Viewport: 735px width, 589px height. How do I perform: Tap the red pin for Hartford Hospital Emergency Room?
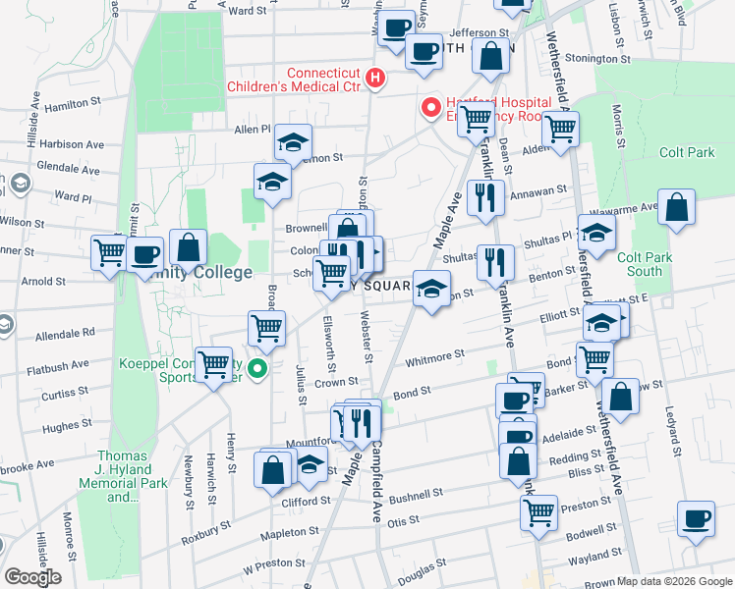click(x=429, y=107)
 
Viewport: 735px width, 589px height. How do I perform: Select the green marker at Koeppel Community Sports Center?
click(x=256, y=370)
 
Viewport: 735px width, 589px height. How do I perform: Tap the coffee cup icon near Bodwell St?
click(x=697, y=517)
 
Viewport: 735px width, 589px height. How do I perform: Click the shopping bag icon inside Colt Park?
click(x=676, y=207)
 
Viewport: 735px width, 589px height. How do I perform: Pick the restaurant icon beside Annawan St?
click(x=485, y=197)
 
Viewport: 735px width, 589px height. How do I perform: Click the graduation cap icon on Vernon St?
click(x=293, y=143)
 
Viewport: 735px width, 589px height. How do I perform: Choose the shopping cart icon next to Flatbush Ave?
click(x=213, y=365)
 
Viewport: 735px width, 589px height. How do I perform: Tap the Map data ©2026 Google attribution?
click(x=668, y=581)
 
